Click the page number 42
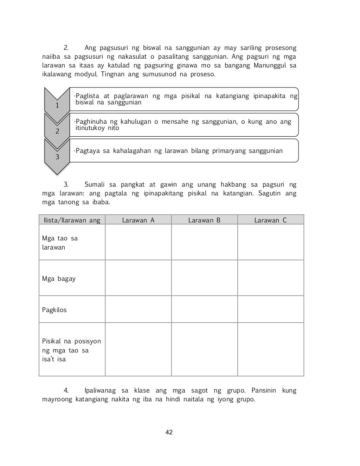[x=169, y=432]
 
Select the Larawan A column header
[x=138, y=220]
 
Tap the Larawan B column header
[x=204, y=220]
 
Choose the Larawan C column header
[x=270, y=220]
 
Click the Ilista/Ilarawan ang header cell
[x=72, y=220]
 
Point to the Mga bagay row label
[x=59, y=279]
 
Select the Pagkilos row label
[x=54, y=310]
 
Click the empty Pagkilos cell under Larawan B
[x=204, y=309]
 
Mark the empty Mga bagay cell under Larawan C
[x=270, y=278]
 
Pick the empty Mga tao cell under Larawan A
[x=138, y=242]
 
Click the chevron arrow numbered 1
[x=57, y=102]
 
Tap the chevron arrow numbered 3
[x=57, y=155]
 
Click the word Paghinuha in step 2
[x=91, y=122]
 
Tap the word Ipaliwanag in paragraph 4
[x=100, y=390]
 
